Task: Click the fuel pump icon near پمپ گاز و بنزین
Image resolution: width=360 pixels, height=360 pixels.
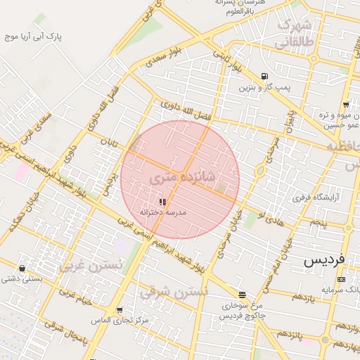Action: point(264,76)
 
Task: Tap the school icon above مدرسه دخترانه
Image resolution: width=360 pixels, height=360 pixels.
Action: point(153,202)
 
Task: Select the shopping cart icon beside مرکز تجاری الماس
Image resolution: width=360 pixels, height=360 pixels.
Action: point(119,309)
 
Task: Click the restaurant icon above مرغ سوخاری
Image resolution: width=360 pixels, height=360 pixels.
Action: point(242,295)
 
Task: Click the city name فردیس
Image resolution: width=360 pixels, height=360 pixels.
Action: point(326,259)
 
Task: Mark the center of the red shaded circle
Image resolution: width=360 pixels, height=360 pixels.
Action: point(180,179)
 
